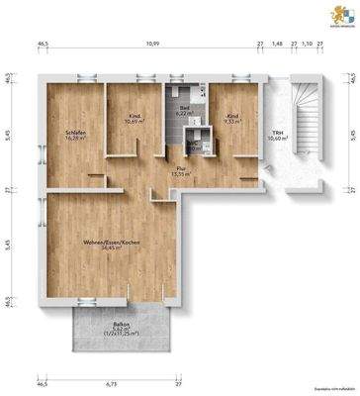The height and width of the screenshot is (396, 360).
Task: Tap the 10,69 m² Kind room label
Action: (x=134, y=116)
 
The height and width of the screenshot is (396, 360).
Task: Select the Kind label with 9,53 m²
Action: (x=232, y=116)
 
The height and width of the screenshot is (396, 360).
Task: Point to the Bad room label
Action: (x=184, y=108)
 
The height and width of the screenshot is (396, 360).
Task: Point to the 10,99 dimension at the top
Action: (x=149, y=46)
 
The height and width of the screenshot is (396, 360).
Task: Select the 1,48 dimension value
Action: (x=278, y=46)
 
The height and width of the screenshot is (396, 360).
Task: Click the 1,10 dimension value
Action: (x=308, y=46)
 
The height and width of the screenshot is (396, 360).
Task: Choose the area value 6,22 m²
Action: (x=184, y=114)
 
